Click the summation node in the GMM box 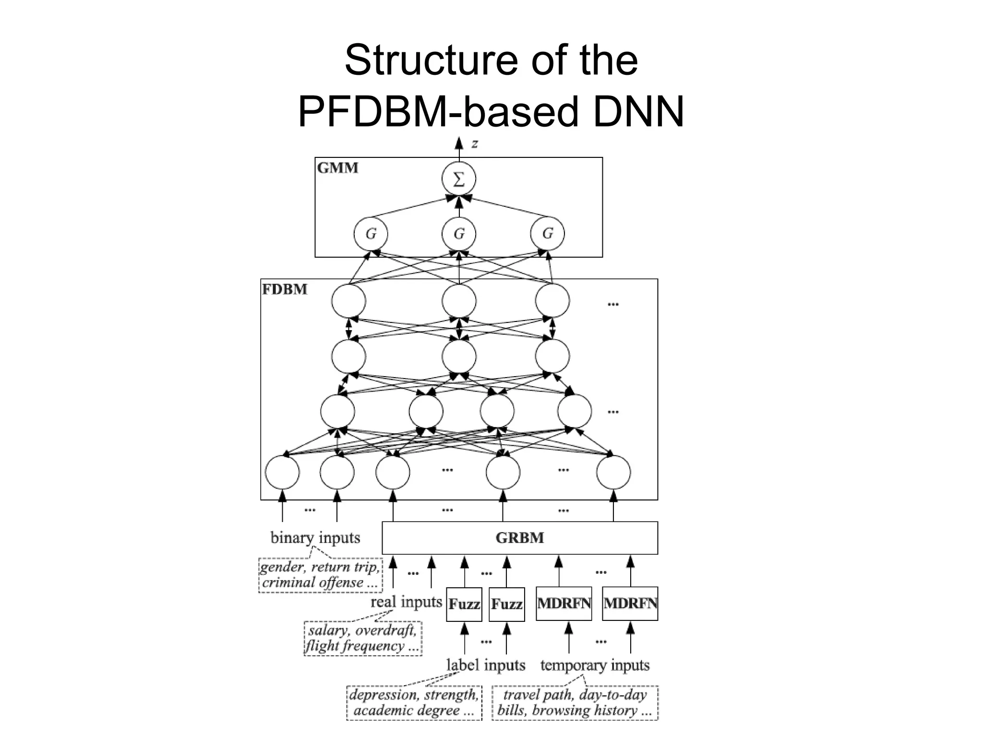459,179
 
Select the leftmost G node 371,234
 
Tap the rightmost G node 547,234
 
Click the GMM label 337,168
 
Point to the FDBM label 285,289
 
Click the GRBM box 519,538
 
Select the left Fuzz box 464,604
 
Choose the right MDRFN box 630,604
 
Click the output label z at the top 474,143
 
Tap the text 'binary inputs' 315,537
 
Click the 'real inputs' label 406,602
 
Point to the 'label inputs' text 486,665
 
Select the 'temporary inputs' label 595,665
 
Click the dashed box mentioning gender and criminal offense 320,575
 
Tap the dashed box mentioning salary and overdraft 362,638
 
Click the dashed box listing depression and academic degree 414,702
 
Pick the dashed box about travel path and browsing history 575,702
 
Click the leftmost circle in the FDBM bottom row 282,472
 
